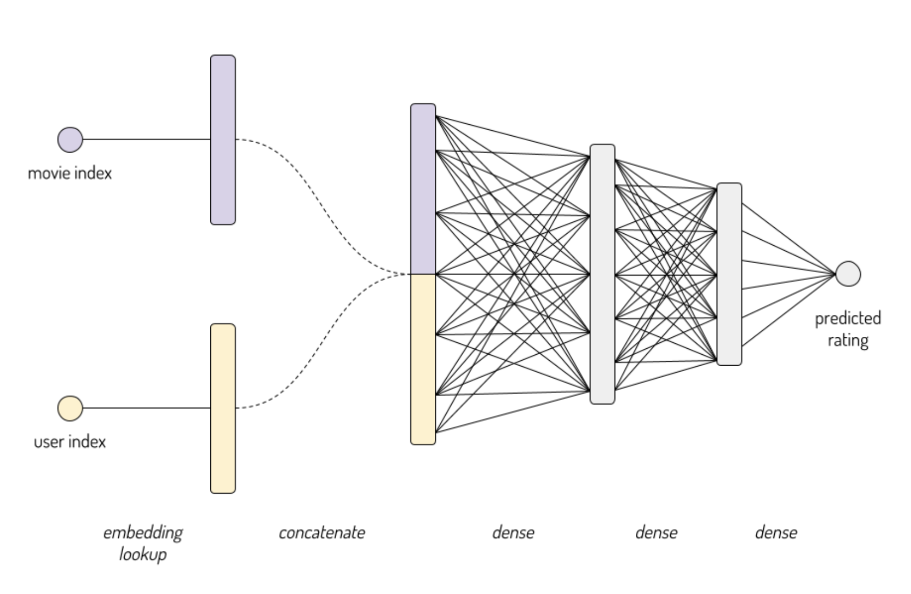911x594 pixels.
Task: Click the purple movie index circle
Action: tap(70, 140)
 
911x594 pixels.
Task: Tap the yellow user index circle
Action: tap(70, 408)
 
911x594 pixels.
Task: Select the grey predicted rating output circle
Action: tap(848, 274)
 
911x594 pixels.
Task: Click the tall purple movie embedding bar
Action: tap(223, 140)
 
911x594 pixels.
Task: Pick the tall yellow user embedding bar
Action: tap(223, 408)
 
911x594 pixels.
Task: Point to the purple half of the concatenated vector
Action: tap(423, 189)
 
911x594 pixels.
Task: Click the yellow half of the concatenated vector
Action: tap(423, 359)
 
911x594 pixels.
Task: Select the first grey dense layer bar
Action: tap(602, 274)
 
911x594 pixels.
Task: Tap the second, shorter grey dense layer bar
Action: tap(729, 274)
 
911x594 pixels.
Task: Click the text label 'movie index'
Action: tap(70, 173)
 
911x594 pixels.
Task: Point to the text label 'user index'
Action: tap(70, 441)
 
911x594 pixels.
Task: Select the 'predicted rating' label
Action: tap(848, 329)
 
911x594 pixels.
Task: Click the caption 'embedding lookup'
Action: tap(143, 543)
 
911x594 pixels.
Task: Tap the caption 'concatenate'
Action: tap(321, 532)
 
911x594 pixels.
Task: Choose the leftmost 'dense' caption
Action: tap(513, 532)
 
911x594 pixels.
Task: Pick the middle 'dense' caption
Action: tap(656, 532)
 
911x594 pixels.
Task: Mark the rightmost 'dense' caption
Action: tap(776, 532)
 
